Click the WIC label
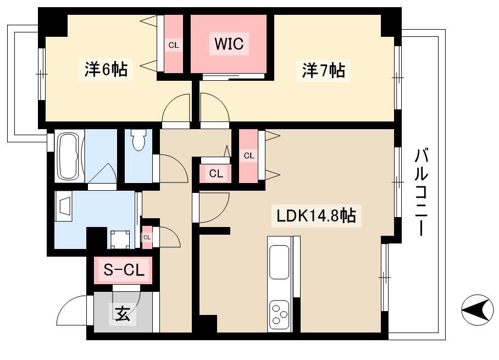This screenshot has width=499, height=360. click(229, 43)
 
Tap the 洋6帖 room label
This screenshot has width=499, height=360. click(106, 69)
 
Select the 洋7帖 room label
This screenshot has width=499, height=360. click(323, 70)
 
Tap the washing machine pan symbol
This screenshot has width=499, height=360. click(121, 239)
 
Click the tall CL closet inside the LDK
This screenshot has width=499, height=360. click(249, 156)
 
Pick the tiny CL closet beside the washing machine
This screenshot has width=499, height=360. click(147, 237)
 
